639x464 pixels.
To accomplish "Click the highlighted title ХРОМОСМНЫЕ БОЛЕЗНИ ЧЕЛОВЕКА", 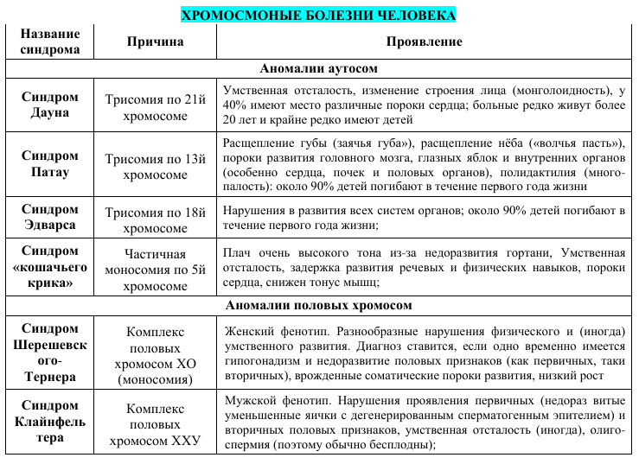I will click(318, 15).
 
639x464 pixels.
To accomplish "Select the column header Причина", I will click(155, 41).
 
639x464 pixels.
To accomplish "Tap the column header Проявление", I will click(424, 41).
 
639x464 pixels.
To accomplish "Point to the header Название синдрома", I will click(49, 41).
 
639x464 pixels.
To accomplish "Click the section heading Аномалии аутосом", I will click(318, 68).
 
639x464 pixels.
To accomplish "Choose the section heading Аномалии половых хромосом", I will click(318, 305).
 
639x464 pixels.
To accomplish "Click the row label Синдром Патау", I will click(49, 164).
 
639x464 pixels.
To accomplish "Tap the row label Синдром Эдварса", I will click(49, 217).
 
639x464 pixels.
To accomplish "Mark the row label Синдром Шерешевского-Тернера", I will click(49, 353).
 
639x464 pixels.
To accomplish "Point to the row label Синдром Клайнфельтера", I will click(49, 421).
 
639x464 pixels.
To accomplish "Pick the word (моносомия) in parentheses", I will click(155, 379).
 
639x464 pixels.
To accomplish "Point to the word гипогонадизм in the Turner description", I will click(263, 361).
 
